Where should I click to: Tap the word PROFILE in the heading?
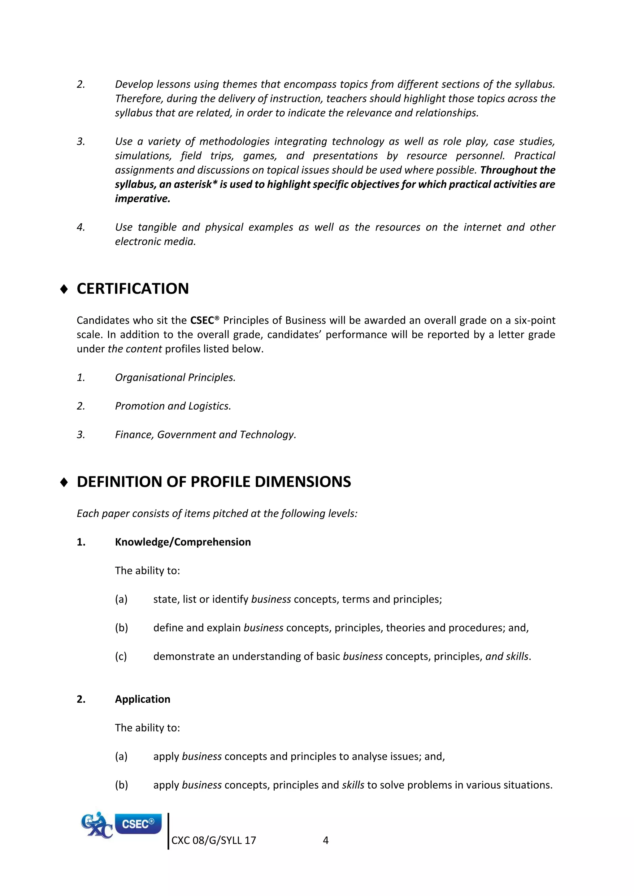coord(220,482)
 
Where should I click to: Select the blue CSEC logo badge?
coord(138,823)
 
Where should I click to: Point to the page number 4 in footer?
coord(326,841)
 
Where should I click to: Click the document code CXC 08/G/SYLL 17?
coord(214,841)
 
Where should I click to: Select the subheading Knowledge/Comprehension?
coord(183,542)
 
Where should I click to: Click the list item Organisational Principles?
coord(175,378)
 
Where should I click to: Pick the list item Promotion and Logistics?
coord(173,406)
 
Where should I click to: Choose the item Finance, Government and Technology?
coord(205,435)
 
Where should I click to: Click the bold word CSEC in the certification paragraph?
coord(202,321)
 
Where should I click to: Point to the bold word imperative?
coord(142,199)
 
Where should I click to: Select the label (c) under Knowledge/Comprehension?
coord(121,657)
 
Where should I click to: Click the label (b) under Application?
coord(121,785)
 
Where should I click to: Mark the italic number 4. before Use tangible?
coord(81,227)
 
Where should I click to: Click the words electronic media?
coord(155,242)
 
